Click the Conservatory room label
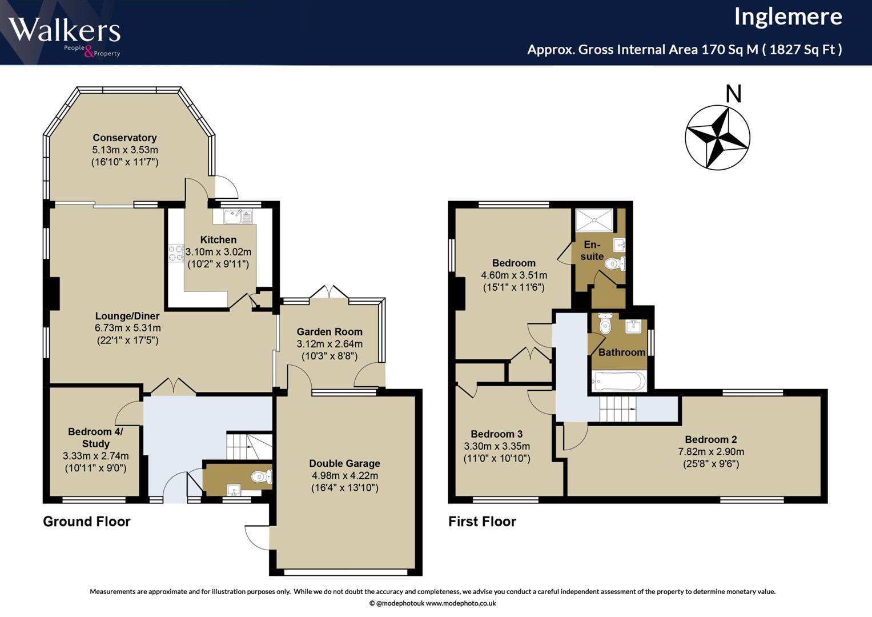pyautogui.click(x=124, y=138)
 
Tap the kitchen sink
pyautogui.click(x=238, y=216)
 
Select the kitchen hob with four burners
pyautogui.click(x=176, y=253)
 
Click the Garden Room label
pyautogui.click(x=329, y=331)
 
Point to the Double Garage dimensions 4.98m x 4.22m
pyautogui.click(x=344, y=475)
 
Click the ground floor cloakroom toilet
pyautogui.click(x=262, y=476)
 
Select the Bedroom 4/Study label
pyautogui.click(x=95, y=438)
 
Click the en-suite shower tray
pyautogui.click(x=594, y=220)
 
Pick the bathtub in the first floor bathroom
pyautogui.click(x=618, y=381)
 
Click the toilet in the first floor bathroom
pyautogui.click(x=605, y=324)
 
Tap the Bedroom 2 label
pyautogui.click(x=711, y=439)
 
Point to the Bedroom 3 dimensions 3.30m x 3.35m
pyautogui.click(x=497, y=446)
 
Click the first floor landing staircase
pyautogui.click(x=618, y=409)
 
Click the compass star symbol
pyautogui.click(x=717, y=138)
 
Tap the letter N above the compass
pyautogui.click(x=733, y=94)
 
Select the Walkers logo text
pyautogui.click(x=65, y=30)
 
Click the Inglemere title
pyautogui.click(x=788, y=17)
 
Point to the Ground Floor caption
pyautogui.click(x=86, y=521)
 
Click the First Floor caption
pyautogui.click(x=482, y=521)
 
